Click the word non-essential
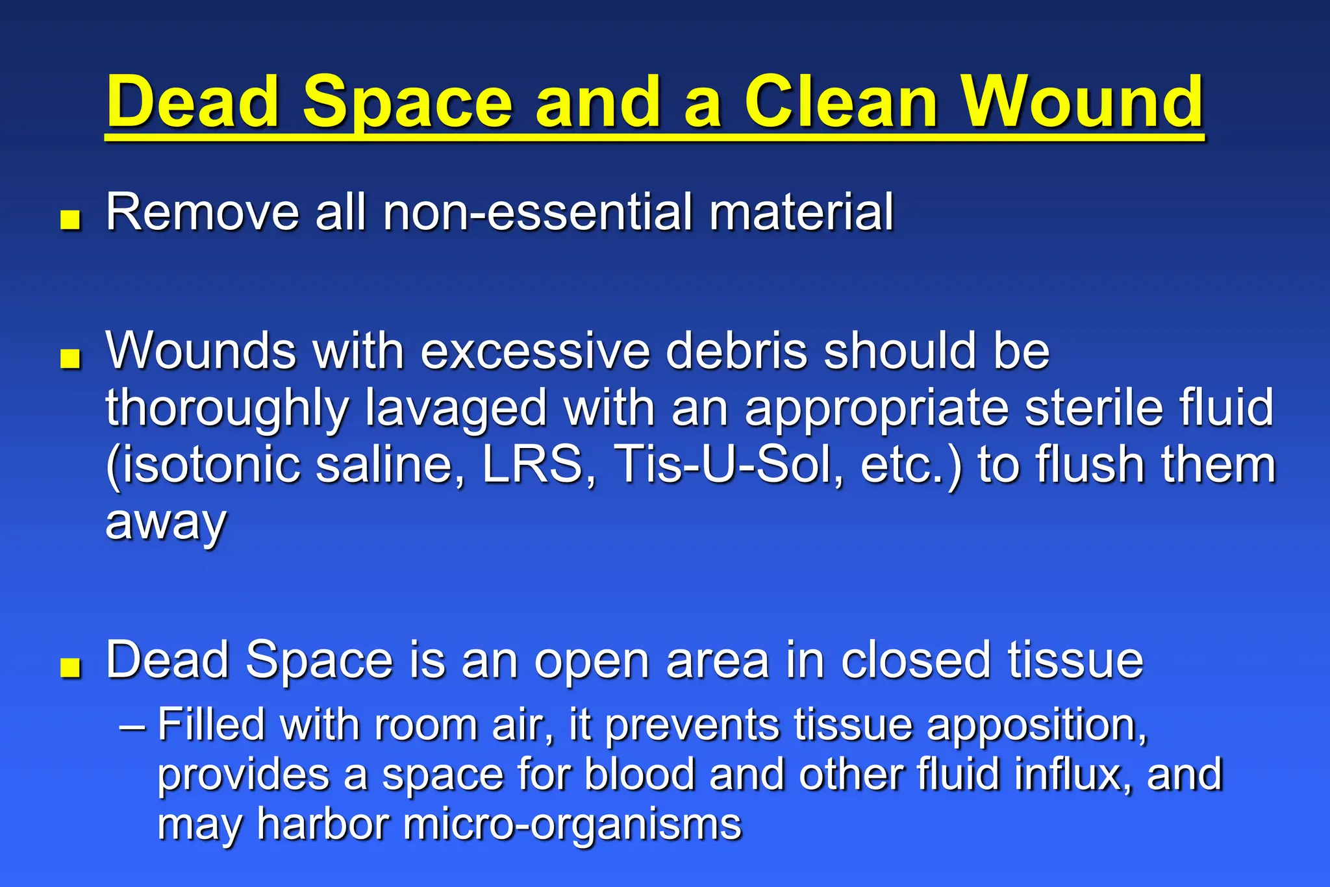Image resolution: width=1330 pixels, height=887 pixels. pos(538,212)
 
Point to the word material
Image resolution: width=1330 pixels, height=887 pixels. pos(801,212)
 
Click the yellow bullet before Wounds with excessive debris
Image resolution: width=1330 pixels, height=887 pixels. pos(70,358)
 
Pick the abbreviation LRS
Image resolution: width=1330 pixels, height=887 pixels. pos(533,465)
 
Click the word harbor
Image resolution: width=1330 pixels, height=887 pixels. pos(323,823)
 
